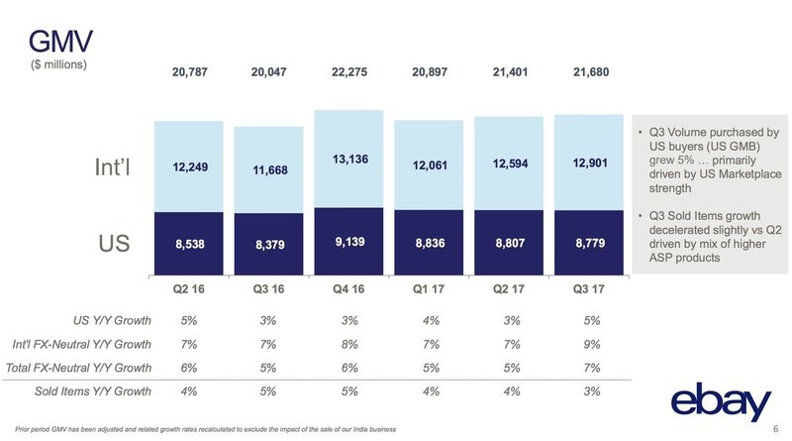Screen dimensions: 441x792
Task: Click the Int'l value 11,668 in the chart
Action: click(269, 170)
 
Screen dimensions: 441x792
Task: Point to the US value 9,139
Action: click(348, 240)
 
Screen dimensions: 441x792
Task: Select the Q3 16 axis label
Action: click(269, 291)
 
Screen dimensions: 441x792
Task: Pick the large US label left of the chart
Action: click(114, 243)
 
